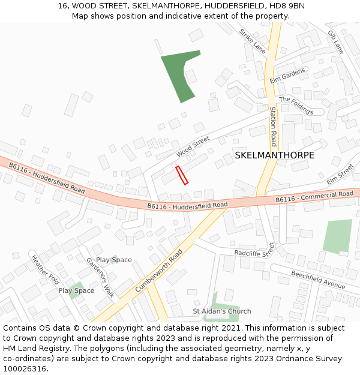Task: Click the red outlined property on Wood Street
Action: click(x=182, y=175)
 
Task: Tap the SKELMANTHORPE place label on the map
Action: click(x=274, y=155)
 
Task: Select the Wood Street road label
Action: click(x=193, y=146)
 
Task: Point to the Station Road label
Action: click(x=273, y=127)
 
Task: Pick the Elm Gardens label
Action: click(x=287, y=76)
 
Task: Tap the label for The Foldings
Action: click(x=296, y=106)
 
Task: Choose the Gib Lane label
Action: click(x=335, y=42)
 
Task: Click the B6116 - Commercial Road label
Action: click(x=314, y=197)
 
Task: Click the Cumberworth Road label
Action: click(x=158, y=271)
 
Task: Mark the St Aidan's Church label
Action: click(x=222, y=311)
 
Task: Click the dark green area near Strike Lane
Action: click(x=179, y=74)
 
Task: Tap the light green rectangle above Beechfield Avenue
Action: click(x=338, y=236)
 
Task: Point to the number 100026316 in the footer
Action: click(x=25, y=368)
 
